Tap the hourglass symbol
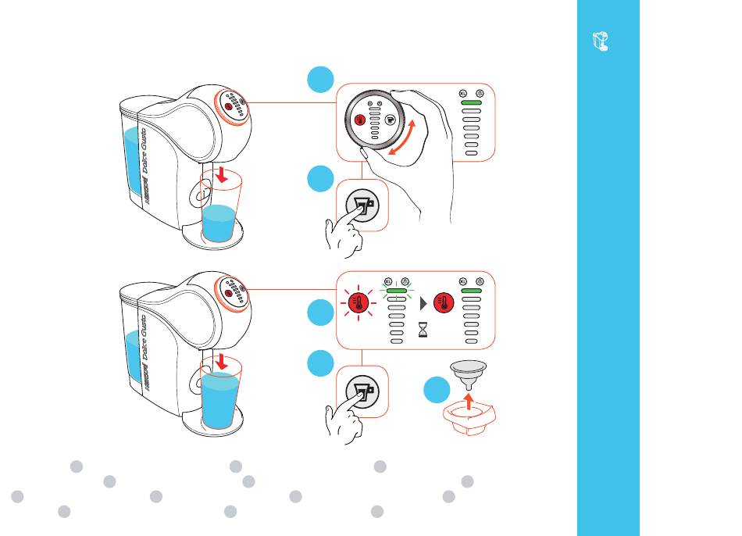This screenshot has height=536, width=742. (424, 331)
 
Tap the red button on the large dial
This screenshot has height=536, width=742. (361, 120)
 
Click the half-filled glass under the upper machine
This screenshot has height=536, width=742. (219, 213)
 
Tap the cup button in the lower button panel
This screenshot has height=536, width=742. (362, 391)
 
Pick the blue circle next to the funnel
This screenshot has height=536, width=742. (439, 391)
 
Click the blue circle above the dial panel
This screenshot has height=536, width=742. (321, 79)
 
